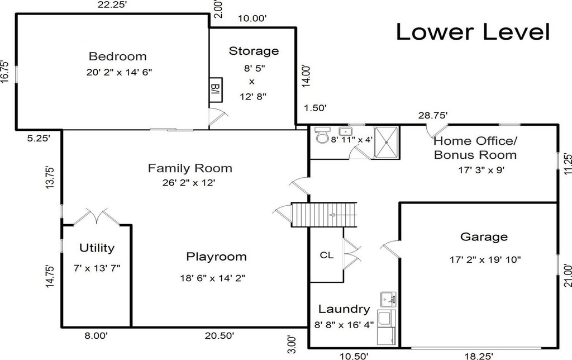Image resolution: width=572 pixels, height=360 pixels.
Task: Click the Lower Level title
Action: pyautogui.click(x=473, y=32)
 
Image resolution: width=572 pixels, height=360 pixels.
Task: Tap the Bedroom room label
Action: pyautogui.click(x=117, y=56)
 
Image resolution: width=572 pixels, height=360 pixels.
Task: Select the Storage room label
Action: pyautogui.click(x=254, y=51)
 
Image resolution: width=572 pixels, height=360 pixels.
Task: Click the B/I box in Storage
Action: pyautogui.click(x=216, y=90)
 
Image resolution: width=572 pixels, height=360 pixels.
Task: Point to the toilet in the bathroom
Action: pyautogui.click(x=322, y=134)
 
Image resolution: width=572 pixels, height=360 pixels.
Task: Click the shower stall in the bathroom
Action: pyautogui.click(x=386, y=143)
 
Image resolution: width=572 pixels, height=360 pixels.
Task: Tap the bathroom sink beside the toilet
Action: pyautogui.click(x=345, y=131)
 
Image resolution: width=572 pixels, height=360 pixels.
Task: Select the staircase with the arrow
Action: pyautogui.click(x=324, y=215)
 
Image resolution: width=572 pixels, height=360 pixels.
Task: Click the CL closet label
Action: pyautogui.click(x=326, y=255)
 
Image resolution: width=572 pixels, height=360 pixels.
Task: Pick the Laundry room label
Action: pyautogui.click(x=344, y=309)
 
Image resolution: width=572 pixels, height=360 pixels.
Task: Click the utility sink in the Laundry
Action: pyautogui.click(x=388, y=300)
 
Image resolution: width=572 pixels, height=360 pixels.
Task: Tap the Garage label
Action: pyautogui.click(x=484, y=236)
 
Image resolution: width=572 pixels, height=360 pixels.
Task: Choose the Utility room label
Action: pyautogui.click(x=97, y=248)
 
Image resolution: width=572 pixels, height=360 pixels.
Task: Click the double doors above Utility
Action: pyautogui.click(x=97, y=216)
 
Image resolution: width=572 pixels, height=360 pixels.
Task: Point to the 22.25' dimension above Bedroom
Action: pyautogui.click(x=112, y=4)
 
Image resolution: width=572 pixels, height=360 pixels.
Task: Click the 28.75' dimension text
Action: pyautogui.click(x=433, y=115)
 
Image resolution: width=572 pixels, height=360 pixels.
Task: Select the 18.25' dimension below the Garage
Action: pyautogui.click(x=479, y=356)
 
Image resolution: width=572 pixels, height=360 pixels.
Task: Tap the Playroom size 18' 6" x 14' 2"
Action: pyautogui.click(x=212, y=278)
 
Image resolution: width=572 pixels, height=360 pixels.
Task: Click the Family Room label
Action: pyautogui.click(x=190, y=168)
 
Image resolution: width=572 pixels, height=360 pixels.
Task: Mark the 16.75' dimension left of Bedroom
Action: pyautogui.click(x=4, y=71)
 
